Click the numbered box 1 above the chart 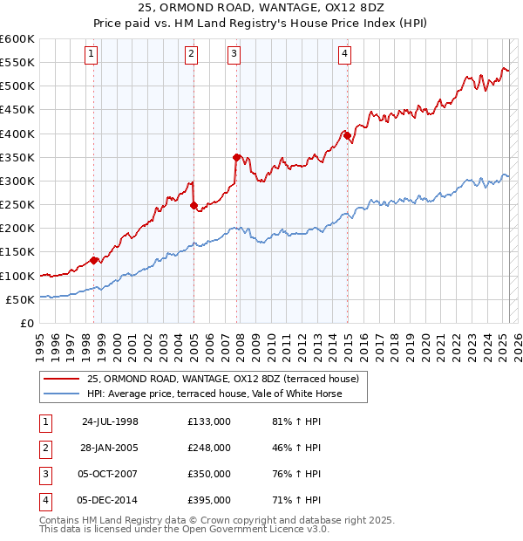point(92,54)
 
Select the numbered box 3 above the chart point(234,54)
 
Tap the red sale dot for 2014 point(347,135)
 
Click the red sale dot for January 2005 point(194,205)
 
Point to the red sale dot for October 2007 point(236,157)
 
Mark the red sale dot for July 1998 point(93,259)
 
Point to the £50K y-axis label point(20,299)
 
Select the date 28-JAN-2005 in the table point(110,448)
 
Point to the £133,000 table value point(209,421)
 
